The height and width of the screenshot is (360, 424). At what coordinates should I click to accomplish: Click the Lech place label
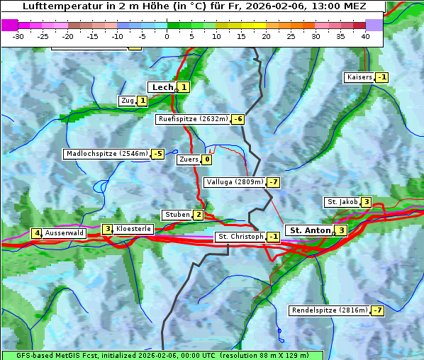pos(162,87)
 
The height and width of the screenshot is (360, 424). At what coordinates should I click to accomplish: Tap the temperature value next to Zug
pos(142,101)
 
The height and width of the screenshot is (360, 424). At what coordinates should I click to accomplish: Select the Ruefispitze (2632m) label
pos(193,119)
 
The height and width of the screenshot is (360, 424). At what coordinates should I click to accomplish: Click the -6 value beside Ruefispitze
pos(238,119)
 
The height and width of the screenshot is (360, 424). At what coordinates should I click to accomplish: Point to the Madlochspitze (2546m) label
pos(106,154)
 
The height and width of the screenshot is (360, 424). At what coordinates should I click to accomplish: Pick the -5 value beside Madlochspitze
pos(157,154)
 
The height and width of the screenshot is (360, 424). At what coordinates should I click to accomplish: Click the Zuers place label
pos(189,159)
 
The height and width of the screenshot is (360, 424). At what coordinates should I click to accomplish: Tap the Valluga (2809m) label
pos(235,182)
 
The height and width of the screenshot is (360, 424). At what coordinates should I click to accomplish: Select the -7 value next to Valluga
pos(274,182)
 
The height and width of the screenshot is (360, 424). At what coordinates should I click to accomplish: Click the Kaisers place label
pos(359,77)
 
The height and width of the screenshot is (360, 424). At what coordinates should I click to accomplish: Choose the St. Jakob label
pos(342,202)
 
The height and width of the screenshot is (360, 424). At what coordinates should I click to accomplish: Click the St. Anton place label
pos(310,230)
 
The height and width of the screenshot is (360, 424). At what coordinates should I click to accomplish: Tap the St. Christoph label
pos(240,236)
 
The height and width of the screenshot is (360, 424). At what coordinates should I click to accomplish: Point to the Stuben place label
pos(177,215)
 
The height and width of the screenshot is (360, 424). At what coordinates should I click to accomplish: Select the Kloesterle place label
pos(133,229)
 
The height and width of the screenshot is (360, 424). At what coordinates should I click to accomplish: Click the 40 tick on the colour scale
pos(365,35)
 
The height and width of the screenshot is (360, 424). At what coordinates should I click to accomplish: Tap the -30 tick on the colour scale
pos(19,35)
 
